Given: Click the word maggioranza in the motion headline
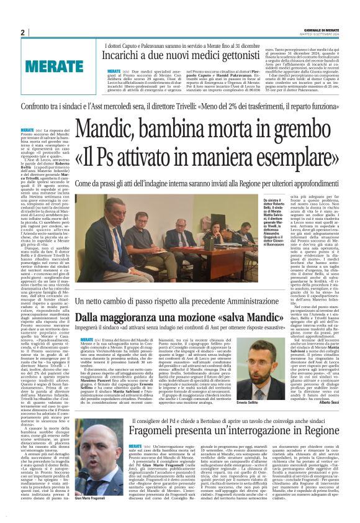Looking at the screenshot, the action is click(x=139, y=317).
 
